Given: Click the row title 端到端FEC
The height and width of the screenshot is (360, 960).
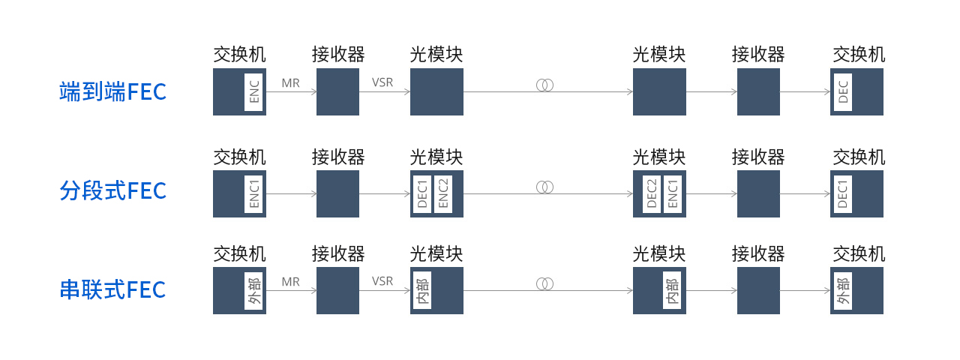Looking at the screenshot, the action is [112, 91].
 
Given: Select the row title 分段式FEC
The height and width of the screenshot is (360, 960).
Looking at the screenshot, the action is [112, 190].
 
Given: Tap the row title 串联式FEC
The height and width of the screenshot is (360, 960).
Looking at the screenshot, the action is [112, 289].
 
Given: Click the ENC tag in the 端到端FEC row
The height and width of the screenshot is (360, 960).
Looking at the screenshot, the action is [253, 91].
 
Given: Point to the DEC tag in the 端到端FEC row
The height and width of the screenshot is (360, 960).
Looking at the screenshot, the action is [843, 91].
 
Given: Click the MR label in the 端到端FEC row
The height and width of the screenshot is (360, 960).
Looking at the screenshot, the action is [290, 83].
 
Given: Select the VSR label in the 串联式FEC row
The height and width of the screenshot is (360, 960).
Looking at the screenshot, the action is [382, 281].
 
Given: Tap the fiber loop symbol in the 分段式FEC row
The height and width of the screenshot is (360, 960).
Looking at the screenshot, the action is [544, 187].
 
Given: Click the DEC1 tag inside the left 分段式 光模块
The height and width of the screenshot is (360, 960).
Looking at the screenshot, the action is [422, 193].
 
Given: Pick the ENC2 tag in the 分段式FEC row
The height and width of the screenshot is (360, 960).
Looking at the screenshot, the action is [443, 193].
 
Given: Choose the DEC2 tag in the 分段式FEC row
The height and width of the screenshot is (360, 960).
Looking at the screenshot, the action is [652, 193].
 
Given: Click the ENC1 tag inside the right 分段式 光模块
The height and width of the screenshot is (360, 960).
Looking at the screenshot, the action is [673, 193].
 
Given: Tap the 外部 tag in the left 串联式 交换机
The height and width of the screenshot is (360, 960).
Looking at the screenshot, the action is [253, 290].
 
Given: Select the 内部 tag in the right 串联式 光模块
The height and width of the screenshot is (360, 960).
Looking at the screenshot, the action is [672, 290].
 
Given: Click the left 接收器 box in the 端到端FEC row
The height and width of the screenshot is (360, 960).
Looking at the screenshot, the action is [337, 91].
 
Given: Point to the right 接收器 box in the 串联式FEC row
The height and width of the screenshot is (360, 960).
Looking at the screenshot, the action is [758, 290].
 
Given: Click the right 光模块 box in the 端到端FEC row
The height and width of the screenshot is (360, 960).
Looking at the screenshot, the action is [659, 91].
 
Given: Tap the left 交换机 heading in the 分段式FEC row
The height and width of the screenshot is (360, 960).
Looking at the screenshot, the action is [239, 157].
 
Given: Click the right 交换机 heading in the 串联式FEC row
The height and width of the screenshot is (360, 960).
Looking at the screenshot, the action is [859, 254].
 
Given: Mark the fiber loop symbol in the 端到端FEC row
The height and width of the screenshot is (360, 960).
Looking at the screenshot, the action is [544, 85].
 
